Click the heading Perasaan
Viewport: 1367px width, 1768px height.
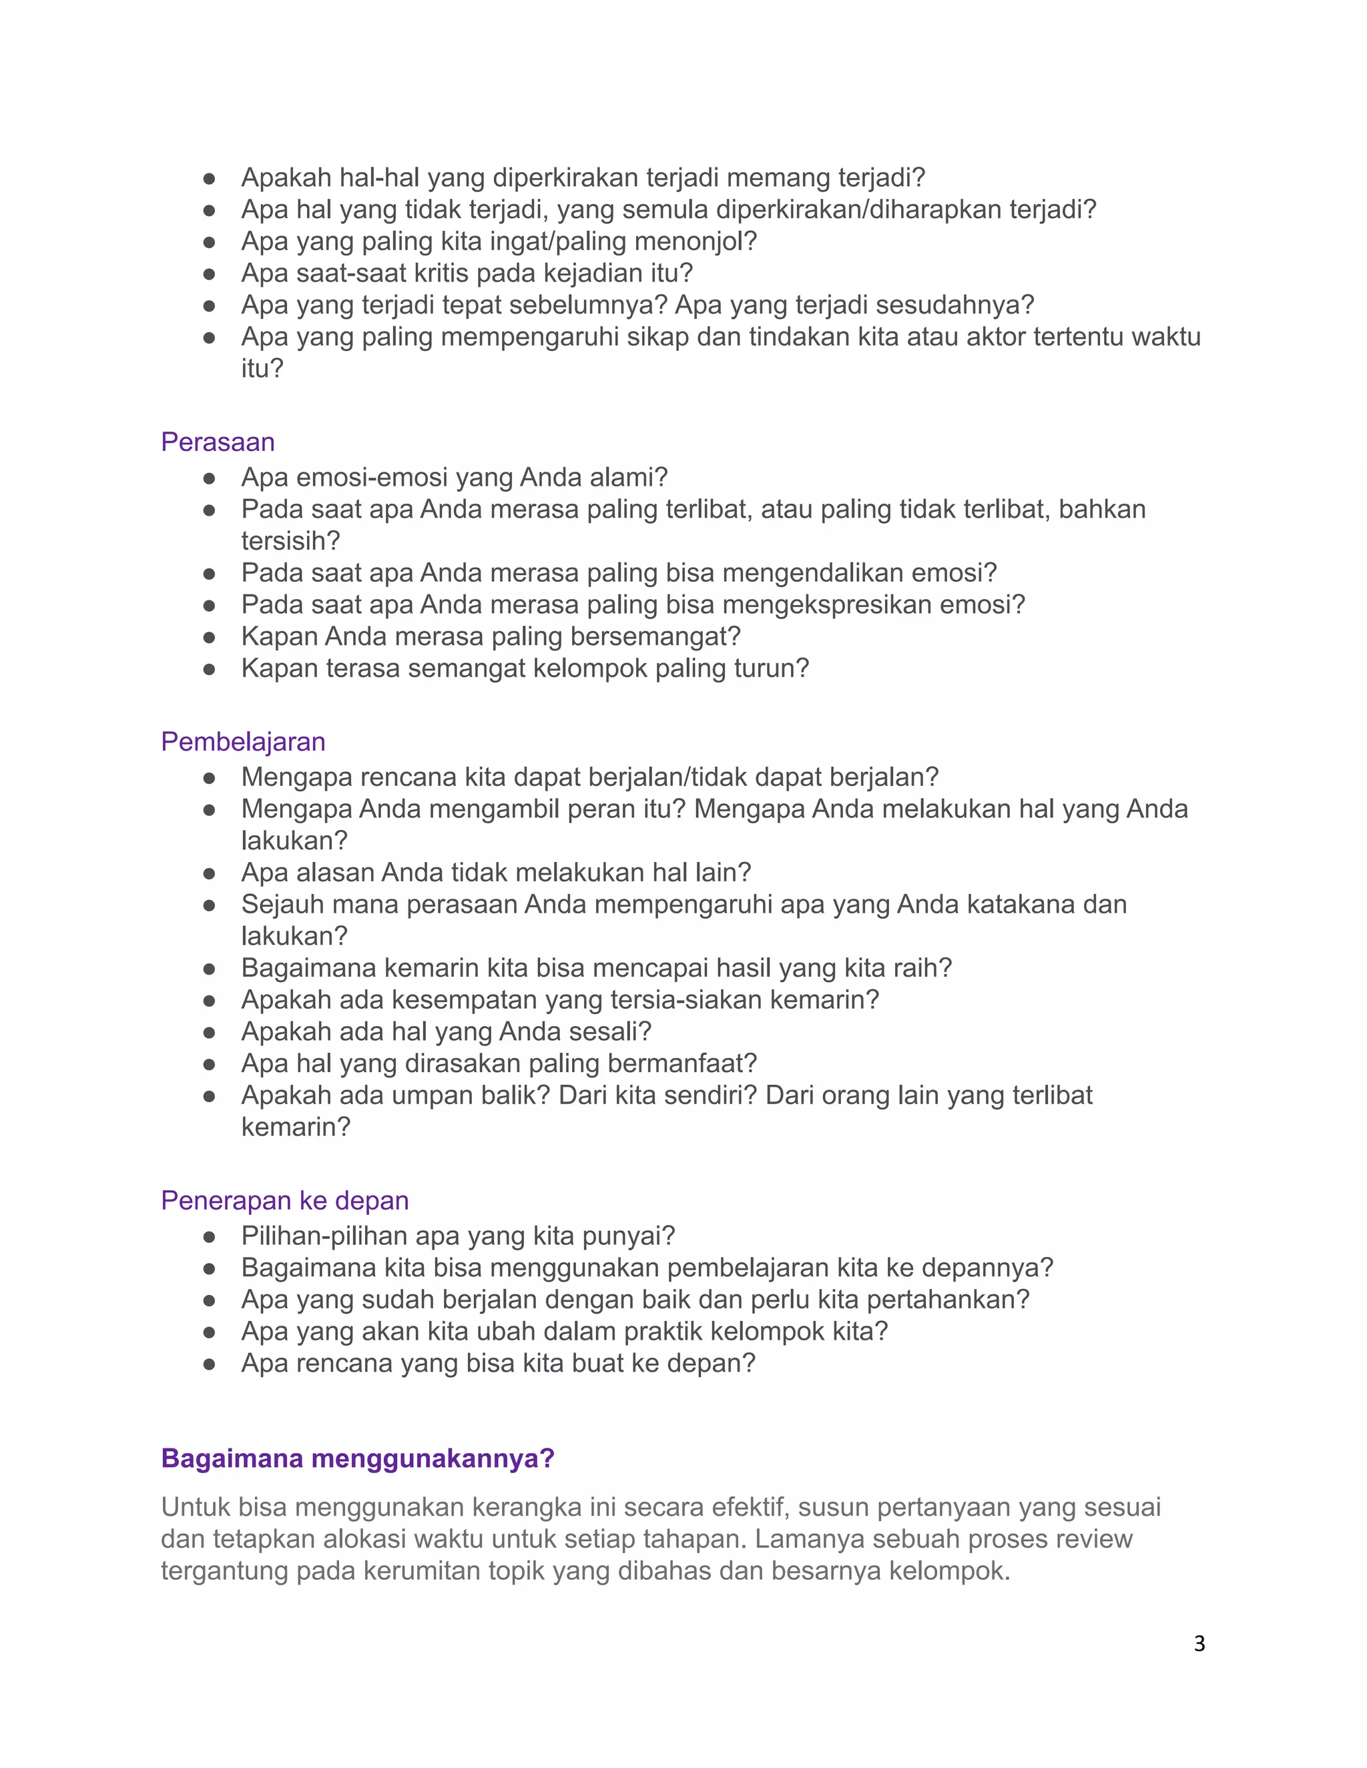click(x=218, y=442)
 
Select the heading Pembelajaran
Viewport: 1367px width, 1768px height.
click(x=243, y=741)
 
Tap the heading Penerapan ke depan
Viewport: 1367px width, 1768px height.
click(x=284, y=1200)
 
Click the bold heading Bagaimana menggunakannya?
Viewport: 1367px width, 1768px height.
click(x=357, y=1458)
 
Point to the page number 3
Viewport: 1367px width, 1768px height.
click(x=1199, y=1643)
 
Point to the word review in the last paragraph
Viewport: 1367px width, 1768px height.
click(x=1094, y=1539)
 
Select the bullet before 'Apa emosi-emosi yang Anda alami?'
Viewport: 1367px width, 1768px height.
click(x=209, y=478)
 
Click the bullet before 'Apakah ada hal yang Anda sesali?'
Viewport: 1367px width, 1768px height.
click(x=209, y=1033)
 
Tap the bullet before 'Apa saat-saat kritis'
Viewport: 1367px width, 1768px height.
click(x=209, y=274)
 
